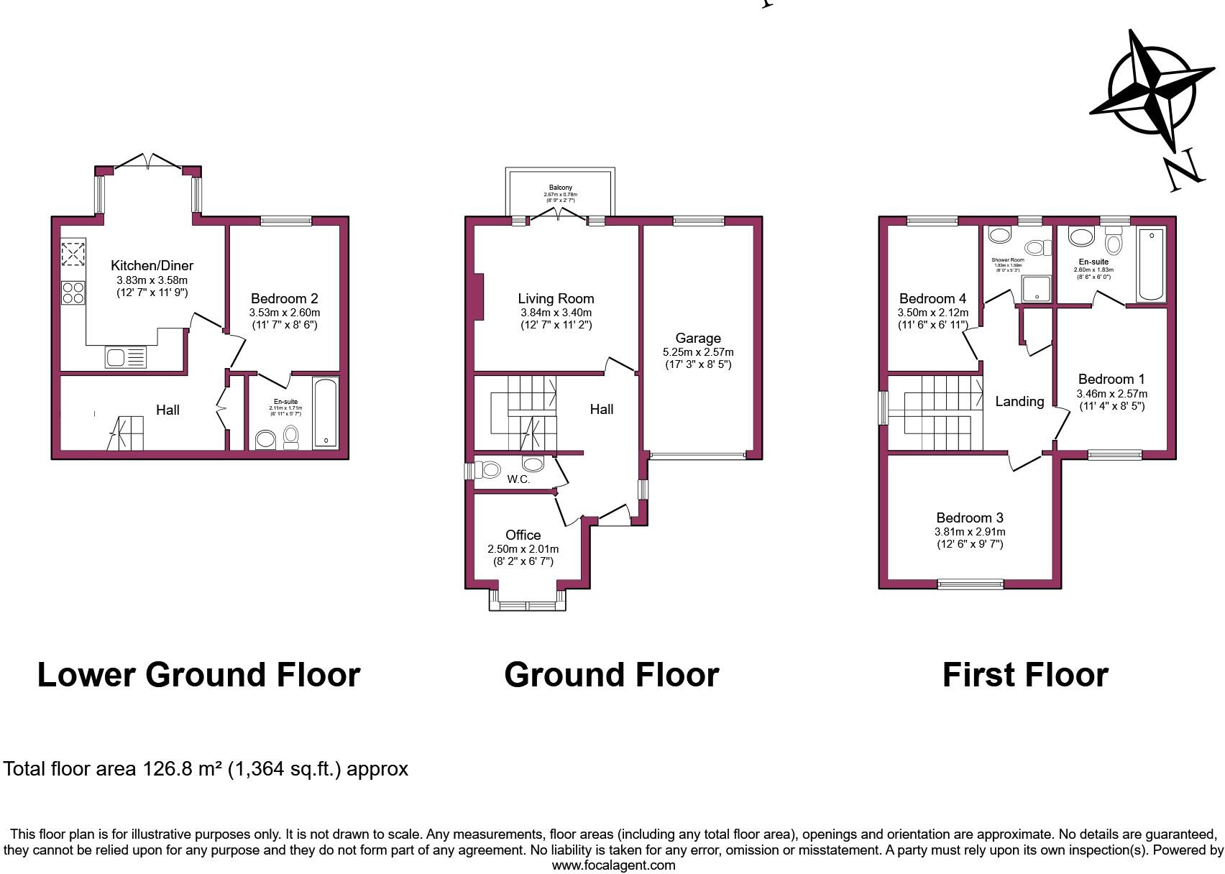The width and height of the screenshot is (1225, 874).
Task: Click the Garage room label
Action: point(697,338)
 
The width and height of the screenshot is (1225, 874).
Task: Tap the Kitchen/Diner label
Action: point(152,265)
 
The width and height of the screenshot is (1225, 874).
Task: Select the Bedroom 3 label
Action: point(969,517)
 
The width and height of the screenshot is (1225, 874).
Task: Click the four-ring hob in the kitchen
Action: point(73,292)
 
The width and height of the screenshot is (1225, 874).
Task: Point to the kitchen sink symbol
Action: point(125,356)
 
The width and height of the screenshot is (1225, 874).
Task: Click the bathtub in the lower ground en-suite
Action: point(326,413)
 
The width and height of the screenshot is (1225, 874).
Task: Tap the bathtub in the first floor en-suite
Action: point(1151,264)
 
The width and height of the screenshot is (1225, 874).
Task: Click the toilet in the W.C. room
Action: point(490,470)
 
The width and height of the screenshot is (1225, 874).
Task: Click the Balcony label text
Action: point(561,188)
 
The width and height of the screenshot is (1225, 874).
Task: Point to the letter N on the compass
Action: point(1183,170)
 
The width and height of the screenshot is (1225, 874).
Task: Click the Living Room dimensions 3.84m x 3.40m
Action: point(556,313)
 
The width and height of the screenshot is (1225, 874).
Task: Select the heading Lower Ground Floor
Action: point(198,675)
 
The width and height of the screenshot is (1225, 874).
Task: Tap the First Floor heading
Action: point(1025,675)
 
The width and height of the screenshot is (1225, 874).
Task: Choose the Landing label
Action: point(1019,402)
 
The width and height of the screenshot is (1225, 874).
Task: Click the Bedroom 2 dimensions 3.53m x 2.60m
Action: point(284,313)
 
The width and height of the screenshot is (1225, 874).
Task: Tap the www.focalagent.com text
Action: point(612,865)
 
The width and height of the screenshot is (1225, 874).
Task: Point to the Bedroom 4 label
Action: point(932,298)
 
